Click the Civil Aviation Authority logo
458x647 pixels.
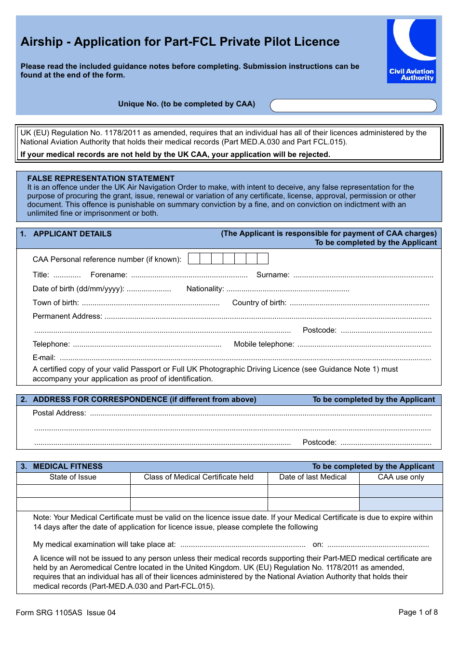[x=411, y=51]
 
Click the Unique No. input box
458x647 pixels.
[x=353, y=106]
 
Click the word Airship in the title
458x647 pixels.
[x=41, y=42]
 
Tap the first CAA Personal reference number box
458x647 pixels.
[x=194, y=259]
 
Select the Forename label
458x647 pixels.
[x=109, y=275]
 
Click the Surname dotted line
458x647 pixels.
[x=363, y=276]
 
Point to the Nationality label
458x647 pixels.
[x=205, y=289]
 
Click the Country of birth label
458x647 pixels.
[x=259, y=303]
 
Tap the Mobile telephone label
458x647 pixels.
[x=264, y=344]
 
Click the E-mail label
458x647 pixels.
[x=44, y=358]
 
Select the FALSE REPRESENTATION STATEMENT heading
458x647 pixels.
[x=101, y=178]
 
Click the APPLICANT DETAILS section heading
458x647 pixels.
[x=72, y=234]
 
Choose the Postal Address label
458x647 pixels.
[x=59, y=413]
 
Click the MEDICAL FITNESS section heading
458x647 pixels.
[x=67, y=466]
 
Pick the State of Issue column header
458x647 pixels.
[x=73, y=477]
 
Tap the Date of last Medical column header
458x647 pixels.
[x=313, y=477]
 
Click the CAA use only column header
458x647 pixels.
[x=401, y=477]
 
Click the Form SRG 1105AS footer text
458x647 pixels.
[x=66, y=613]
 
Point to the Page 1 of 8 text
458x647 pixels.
[x=418, y=612]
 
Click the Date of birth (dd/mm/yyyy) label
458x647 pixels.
[x=78, y=289]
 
